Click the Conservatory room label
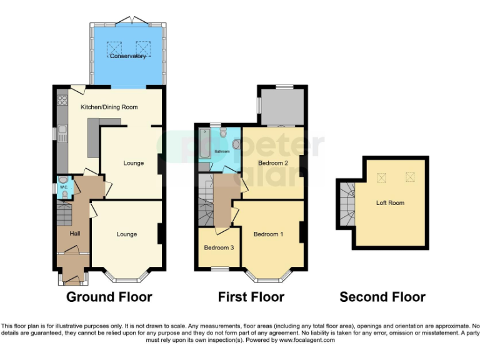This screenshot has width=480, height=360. [x=128, y=56]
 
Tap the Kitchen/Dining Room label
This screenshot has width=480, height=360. [x=109, y=107]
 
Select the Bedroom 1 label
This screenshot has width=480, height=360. [x=268, y=234]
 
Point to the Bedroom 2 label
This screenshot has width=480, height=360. [x=273, y=163]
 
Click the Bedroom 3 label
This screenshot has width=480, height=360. [x=219, y=247]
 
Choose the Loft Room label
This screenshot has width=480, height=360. [x=390, y=203]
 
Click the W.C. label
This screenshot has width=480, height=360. [x=63, y=187]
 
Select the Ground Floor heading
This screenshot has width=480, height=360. [x=109, y=297]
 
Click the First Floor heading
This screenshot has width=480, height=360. [x=251, y=297]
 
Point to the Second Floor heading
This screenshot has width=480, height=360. [x=382, y=297]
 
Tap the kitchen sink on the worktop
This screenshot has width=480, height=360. [x=62, y=132]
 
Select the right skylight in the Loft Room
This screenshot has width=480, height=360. [x=410, y=177]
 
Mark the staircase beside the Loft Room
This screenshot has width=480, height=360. [x=346, y=203]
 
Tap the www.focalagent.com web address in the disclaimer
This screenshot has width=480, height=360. [x=307, y=341]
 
